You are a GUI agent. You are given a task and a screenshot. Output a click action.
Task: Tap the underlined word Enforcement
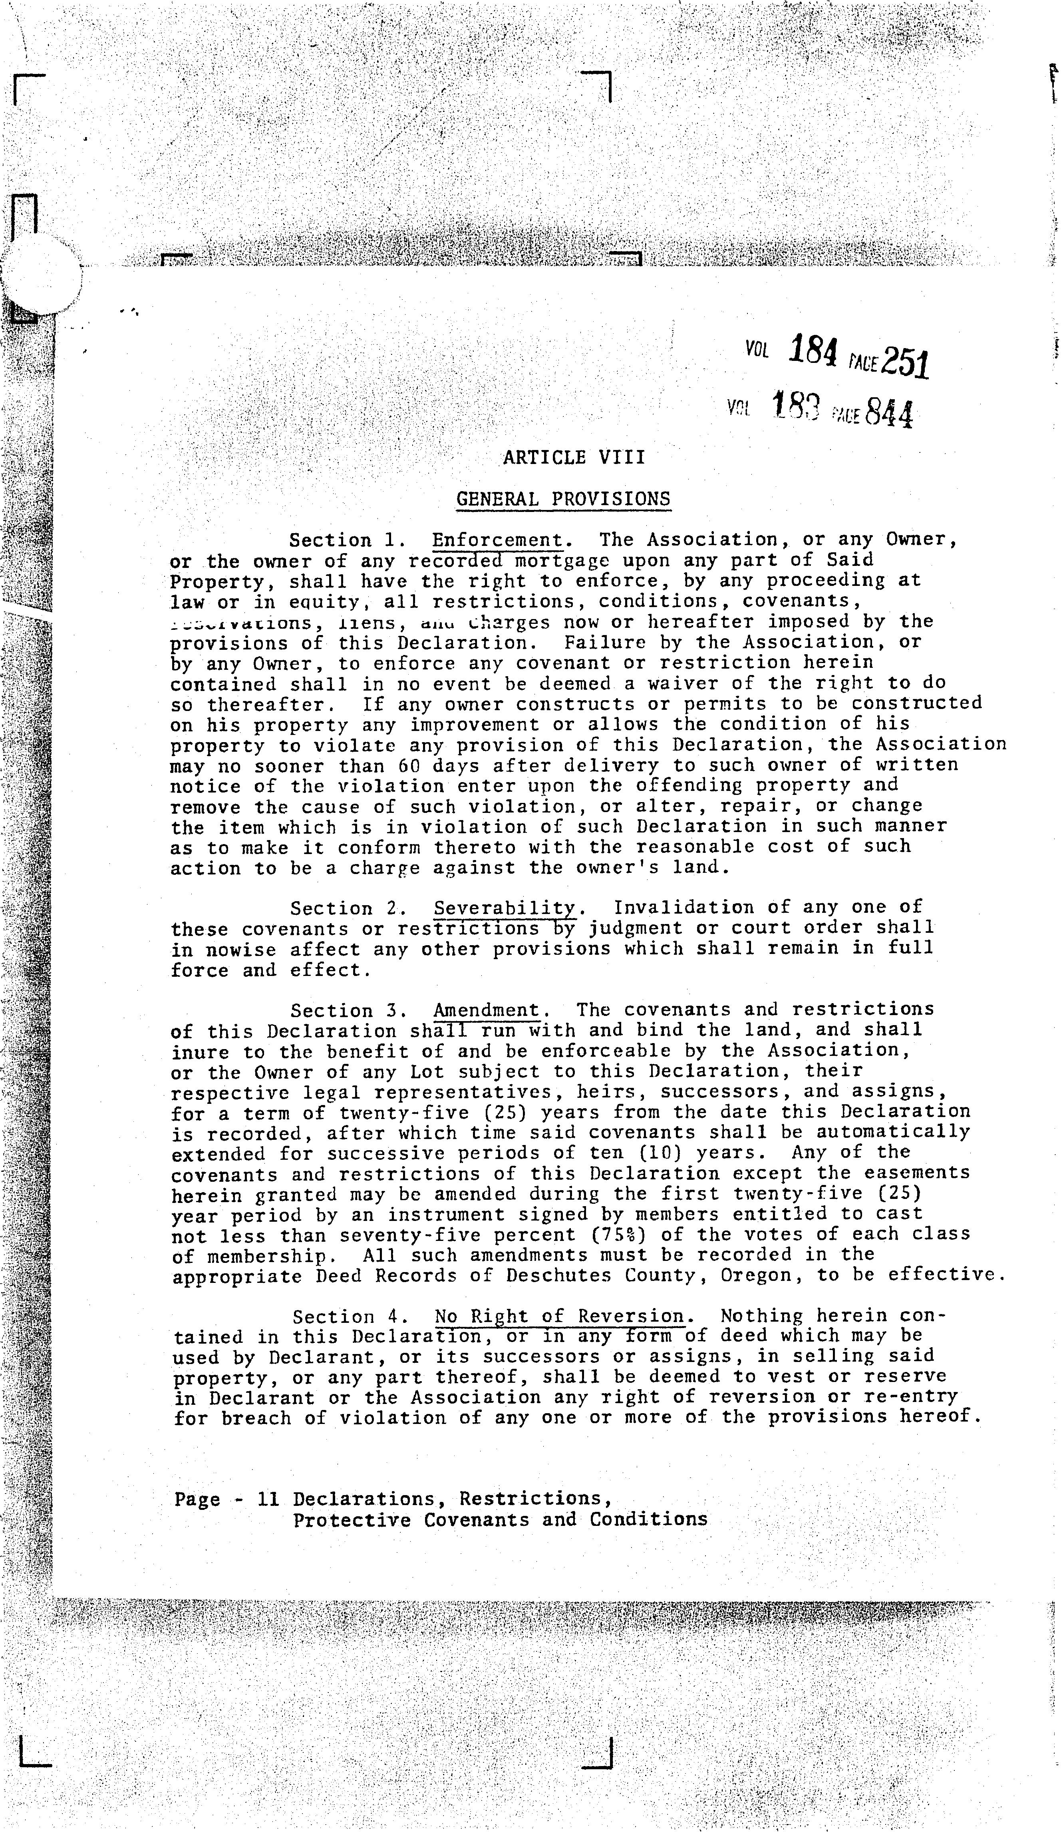[x=498, y=540]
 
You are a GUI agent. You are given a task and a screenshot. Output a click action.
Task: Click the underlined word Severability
[x=505, y=908]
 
